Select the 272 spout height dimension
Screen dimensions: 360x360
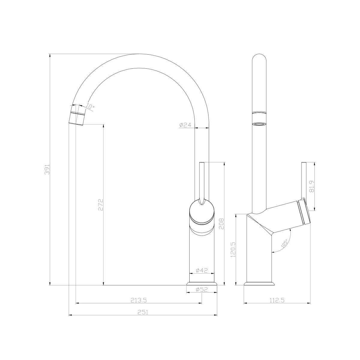pyautogui.click(x=100, y=204)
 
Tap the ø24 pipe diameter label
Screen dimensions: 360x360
pyautogui.click(x=185, y=125)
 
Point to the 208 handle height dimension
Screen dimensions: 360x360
pyautogui.click(x=222, y=223)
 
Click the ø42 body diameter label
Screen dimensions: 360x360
pyautogui.click(x=202, y=270)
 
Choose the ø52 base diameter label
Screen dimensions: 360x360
pyautogui.click(x=202, y=289)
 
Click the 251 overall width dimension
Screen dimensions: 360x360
pyautogui.click(x=143, y=312)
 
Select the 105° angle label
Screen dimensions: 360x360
pyautogui.click(x=284, y=243)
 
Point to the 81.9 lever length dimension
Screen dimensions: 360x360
pyautogui.click(x=312, y=186)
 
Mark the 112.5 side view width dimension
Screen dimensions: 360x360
pyautogui.click(x=277, y=300)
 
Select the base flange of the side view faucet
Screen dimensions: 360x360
pyautogui.click(x=259, y=283)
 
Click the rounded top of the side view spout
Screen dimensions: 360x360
pyautogui.click(x=259, y=58)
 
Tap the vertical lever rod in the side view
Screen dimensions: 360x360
pyautogui.click(x=304, y=180)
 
